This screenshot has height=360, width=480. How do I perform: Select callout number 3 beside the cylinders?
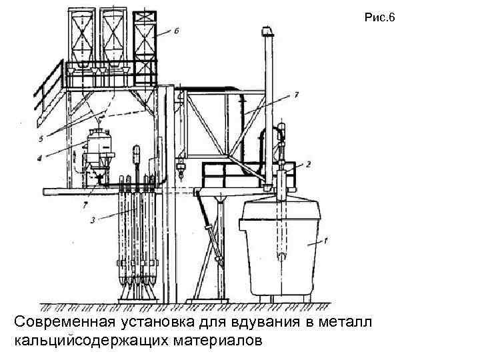point(93,218)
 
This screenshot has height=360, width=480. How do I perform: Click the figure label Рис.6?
point(380,18)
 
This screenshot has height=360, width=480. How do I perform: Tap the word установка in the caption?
point(159,323)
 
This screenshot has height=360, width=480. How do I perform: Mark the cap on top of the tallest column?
point(267,31)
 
